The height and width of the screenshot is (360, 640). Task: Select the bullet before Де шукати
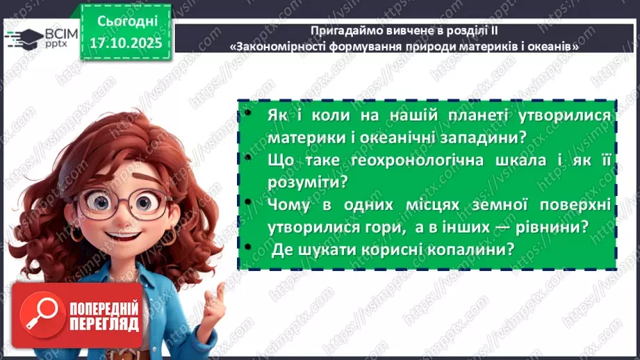tap(246, 249)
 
